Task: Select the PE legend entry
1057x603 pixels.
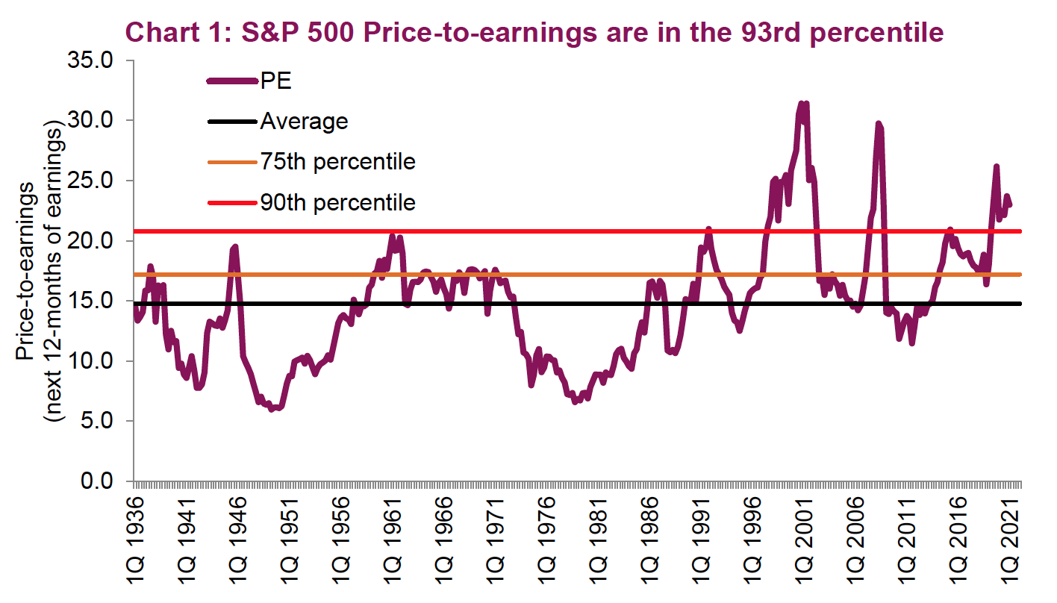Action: point(275,81)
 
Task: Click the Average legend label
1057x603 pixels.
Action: point(304,121)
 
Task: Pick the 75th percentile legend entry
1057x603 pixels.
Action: point(337,161)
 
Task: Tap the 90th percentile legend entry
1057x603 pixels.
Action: point(337,201)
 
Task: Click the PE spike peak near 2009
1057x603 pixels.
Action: point(879,124)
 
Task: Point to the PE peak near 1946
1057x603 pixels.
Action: point(235,247)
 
